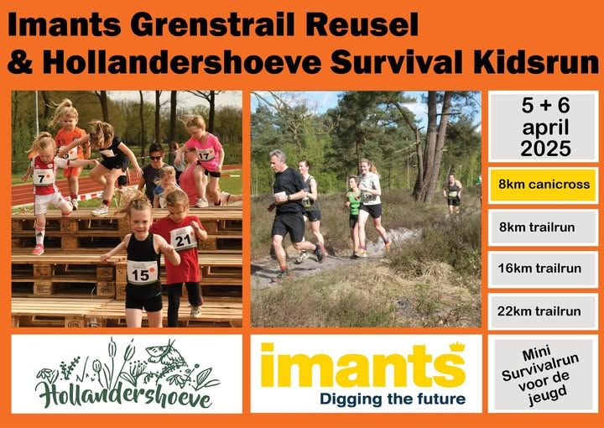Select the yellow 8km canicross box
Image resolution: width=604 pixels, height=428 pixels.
click(x=543, y=185)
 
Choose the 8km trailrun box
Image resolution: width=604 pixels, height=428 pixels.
click(x=543, y=227)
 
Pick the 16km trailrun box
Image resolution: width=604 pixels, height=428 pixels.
click(x=543, y=269)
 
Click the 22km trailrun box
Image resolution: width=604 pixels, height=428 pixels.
click(x=543, y=311)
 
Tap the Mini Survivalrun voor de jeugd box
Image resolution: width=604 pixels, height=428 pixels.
click(x=543, y=373)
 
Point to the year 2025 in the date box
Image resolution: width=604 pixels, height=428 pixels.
click(x=545, y=149)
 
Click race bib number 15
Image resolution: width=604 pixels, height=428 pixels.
click(x=142, y=272)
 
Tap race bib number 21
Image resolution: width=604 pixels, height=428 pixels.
click(x=184, y=239)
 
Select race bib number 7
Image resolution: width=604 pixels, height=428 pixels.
click(x=43, y=177)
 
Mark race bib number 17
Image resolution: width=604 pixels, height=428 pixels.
click(x=206, y=155)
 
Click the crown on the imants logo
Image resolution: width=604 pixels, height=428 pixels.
click(x=458, y=347)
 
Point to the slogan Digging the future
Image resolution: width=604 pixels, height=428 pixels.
click(x=393, y=399)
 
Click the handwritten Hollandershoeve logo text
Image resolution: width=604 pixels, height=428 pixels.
click(x=123, y=393)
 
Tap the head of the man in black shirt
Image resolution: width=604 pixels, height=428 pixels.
click(x=278, y=160)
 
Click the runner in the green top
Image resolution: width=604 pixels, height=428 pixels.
click(x=354, y=216)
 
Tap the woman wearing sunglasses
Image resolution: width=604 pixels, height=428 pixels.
click(x=155, y=170)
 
